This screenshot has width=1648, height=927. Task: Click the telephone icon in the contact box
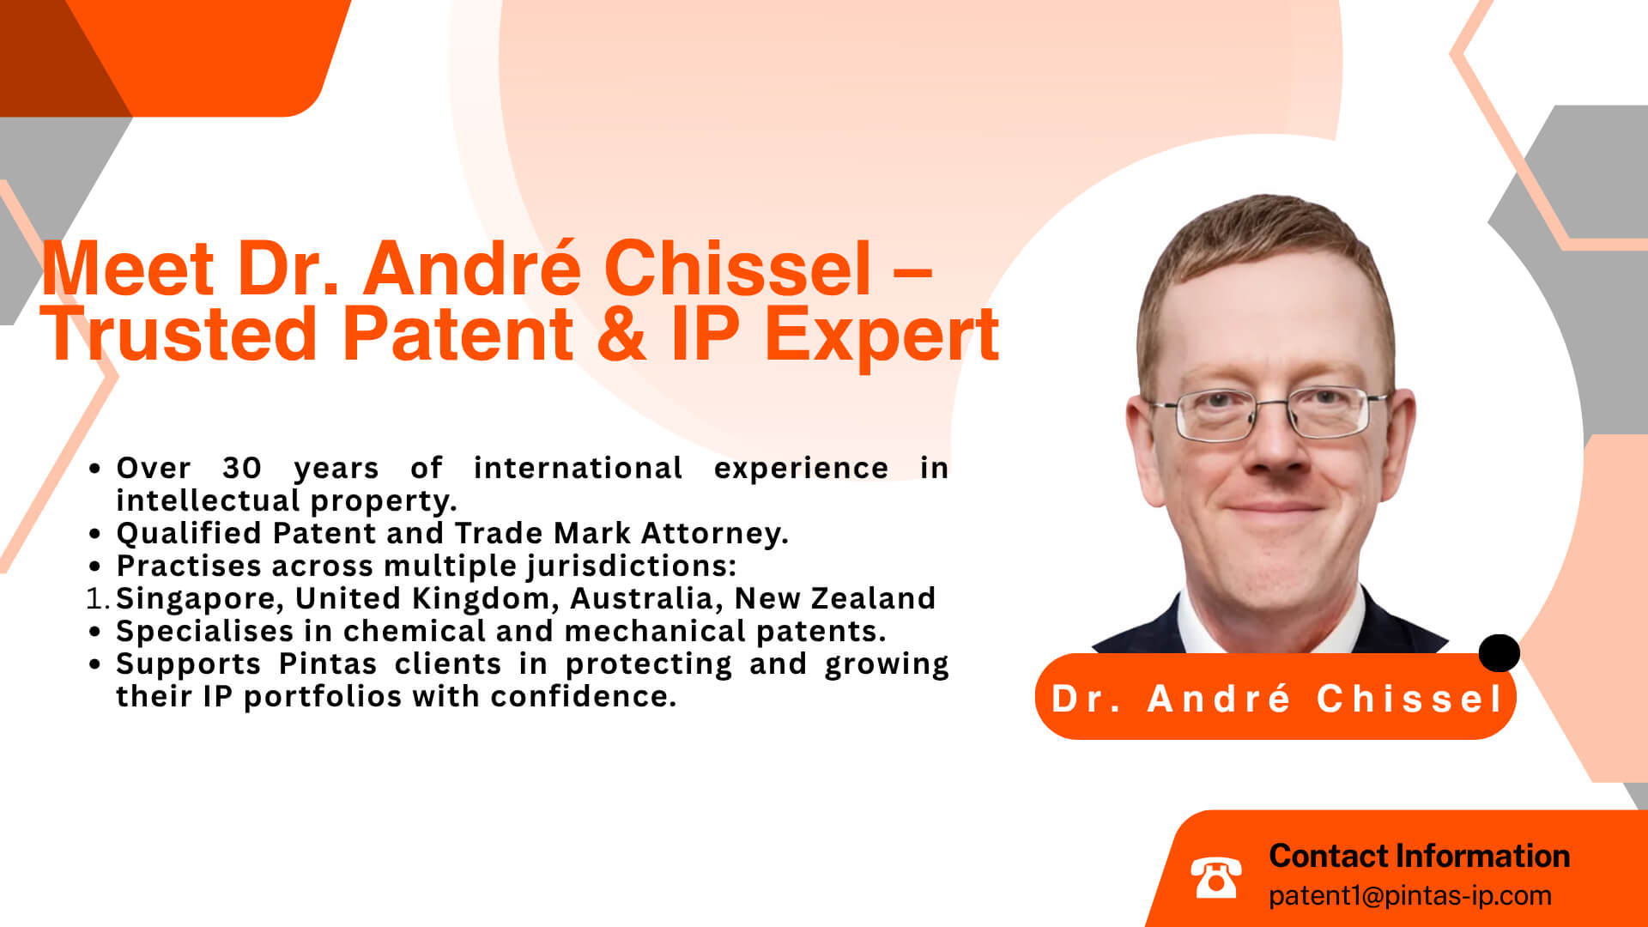pos(1215,877)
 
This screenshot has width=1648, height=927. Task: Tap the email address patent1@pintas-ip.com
pos(1410,896)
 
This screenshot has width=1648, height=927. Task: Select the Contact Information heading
pos(1420,856)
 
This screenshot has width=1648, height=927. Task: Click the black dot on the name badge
pos(1499,653)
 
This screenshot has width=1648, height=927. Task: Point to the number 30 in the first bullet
pos(241,468)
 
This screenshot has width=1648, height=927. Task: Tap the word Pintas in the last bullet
pos(328,663)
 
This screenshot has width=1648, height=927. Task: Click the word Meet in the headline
pos(126,268)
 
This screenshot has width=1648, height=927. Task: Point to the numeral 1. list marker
pos(99,598)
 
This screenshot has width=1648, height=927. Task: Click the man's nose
pos(1273,446)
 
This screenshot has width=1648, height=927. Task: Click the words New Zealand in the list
pos(835,598)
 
